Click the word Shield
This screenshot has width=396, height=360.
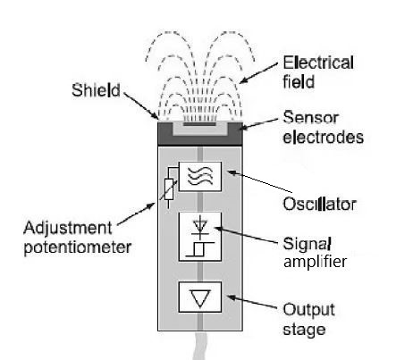[x=96, y=90]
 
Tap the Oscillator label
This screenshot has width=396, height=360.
[x=319, y=204]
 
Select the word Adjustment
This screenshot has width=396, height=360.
[x=68, y=229]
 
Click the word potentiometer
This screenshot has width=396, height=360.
[x=78, y=247]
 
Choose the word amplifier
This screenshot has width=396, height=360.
[x=315, y=262]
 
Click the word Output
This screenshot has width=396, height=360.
[x=308, y=310]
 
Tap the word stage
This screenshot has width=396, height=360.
[x=304, y=330]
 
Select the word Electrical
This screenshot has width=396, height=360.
[x=318, y=63]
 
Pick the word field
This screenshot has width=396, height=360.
[x=299, y=81]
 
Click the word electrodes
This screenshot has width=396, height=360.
[x=324, y=137]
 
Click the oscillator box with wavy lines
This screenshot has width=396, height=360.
[x=200, y=177]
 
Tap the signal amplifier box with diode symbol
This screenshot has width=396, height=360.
[x=200, y=237]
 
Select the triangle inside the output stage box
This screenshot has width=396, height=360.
[x=200, y=298]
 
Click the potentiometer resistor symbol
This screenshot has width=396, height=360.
[x=169, y=189]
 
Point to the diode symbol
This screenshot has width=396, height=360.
[x=200, y=227]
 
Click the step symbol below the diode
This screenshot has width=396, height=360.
[x=200, y=249]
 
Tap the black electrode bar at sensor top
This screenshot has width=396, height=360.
[x=199, y=123]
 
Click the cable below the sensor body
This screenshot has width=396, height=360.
[x=200, y=346]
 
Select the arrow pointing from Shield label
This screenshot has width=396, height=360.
[x=140, y=105]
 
